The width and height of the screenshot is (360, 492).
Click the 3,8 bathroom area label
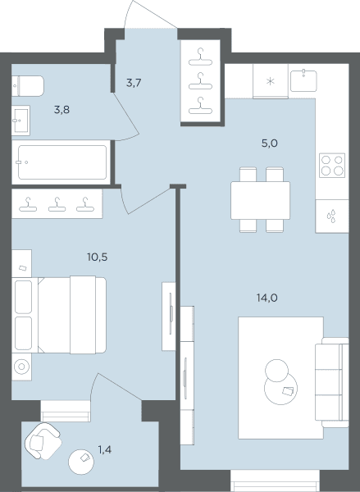click(62, 110)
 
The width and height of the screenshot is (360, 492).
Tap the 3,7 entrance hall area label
click(134, 83)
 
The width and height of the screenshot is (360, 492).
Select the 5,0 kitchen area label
click(270, 143)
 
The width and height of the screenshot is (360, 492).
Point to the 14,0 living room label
click(267, 298)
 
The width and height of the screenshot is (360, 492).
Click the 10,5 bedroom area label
click(98, 257)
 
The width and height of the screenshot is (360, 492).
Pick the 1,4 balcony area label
click(105, 450)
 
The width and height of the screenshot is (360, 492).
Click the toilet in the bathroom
click(28, 85)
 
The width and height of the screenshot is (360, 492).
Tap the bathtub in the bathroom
click(62, 162)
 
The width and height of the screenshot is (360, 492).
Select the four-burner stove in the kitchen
click(332, 165)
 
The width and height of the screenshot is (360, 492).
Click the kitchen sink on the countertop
click(303, 81)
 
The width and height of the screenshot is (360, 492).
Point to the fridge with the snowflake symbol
click(271, 81)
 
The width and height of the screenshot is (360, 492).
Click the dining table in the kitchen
click(261, 200)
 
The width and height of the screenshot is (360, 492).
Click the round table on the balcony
click(81, 462)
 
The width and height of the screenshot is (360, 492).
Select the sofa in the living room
click(332, 382)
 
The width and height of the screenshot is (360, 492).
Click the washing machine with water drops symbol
click(332, 216)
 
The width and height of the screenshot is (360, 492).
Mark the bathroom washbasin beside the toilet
click(21, 121)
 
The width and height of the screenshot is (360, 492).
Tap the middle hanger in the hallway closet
click(200, 82)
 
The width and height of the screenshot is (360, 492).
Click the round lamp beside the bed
click(21, 367)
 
